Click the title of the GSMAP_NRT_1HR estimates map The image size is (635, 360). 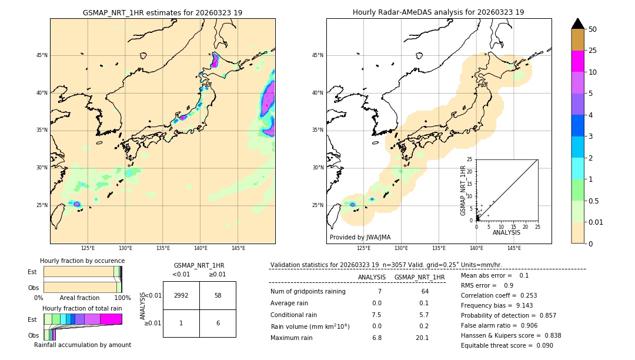coord(162,12)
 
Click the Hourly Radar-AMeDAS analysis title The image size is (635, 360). coord(439,12)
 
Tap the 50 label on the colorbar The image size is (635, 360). coord(593,29)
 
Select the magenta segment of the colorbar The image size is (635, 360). coord(578,61)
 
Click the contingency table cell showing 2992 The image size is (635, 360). coord(181,295)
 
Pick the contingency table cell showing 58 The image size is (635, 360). coord(218,295)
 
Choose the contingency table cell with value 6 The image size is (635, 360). coord(218,324)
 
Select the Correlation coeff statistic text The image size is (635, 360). coord(499,295)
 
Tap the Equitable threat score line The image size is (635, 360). coord(507,345)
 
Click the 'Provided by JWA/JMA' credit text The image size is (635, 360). coord(360,237)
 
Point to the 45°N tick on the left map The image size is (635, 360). coord(42,55)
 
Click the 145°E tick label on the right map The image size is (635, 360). coord(514,248)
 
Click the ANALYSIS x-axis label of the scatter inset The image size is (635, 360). coord(506,232)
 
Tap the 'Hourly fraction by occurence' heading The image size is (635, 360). coord(82,261)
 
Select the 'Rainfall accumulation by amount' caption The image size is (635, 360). coord(82,345)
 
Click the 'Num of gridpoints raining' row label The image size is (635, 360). coord(308,291)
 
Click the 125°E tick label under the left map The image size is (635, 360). coord(88,248)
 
